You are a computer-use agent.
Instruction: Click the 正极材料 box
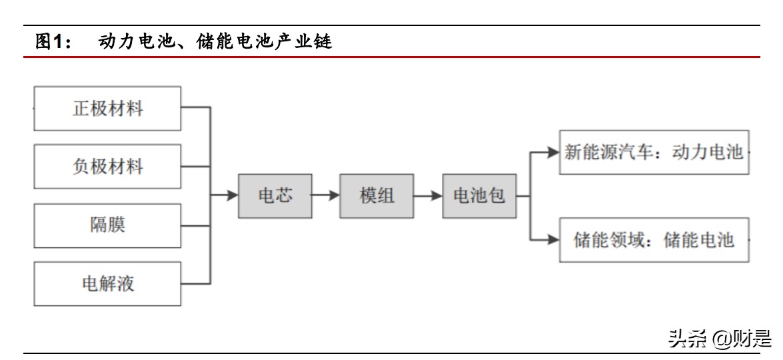coord(107,108)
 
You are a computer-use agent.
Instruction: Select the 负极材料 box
coord(107,166)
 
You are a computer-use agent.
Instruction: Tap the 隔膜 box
coord(107,225)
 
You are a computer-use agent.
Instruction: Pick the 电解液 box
coord(107,283)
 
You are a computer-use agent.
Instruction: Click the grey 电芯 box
coord(275,196)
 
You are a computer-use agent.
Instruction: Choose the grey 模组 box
coord(377,196)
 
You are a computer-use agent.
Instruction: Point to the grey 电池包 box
coord(479,196)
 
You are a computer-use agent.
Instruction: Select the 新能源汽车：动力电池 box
coord(653,152)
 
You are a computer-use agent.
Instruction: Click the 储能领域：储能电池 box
coord(653,239)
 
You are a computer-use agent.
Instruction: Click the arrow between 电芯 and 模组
coord(326,196)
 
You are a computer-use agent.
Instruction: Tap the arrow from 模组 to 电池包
coord(428,196)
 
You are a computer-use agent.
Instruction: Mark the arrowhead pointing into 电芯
coord(233,196)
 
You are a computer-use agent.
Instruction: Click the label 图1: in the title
coord(53,43)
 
